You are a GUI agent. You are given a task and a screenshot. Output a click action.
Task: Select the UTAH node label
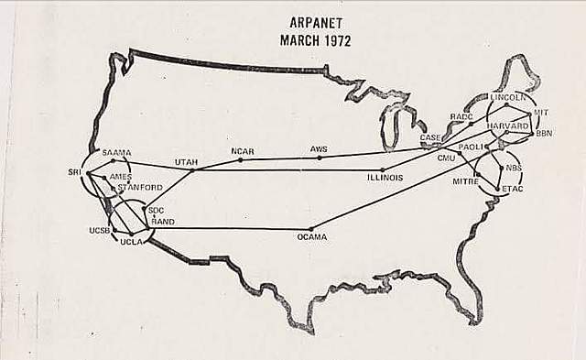[187, 161]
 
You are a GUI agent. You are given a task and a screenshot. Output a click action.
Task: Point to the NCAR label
[243, 150]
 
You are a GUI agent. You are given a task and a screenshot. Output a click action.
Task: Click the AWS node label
[319, 148]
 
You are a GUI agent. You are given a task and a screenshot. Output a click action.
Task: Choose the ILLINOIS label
[385, 178]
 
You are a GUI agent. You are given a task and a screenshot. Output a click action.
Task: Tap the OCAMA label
[312, 237]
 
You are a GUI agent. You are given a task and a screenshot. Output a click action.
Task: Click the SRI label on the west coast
[75, 171]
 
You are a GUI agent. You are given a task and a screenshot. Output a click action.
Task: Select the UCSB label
[100, 230]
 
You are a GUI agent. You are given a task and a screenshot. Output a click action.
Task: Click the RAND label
[163, 221]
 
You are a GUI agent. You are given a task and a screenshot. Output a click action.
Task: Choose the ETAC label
[513, 189]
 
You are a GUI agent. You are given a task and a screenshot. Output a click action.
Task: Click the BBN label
[544, 134]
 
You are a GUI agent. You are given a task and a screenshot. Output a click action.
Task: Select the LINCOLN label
[508, 96]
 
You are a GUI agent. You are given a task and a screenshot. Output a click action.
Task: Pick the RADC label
[461, 116]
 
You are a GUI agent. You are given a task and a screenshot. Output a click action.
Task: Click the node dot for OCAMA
[311, 228]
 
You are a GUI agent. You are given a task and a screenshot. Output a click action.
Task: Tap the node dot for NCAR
[241, 159]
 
